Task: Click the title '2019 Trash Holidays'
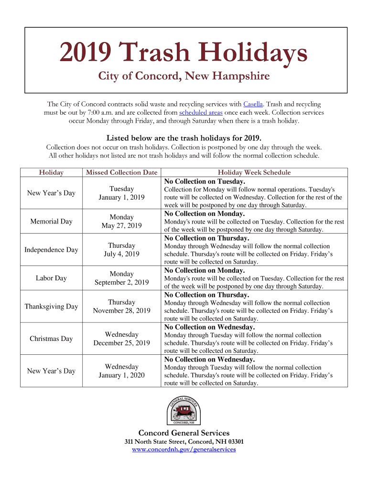point(184,53)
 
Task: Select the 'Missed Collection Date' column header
point(121,172)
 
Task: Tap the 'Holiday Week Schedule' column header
point(254,172)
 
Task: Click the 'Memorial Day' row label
point(51,221)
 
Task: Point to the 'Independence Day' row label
point(51,250)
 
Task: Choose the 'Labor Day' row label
point(51,278)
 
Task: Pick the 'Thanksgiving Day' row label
point(51,307)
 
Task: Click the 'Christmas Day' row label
point(51,339)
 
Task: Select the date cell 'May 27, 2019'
point(121,225)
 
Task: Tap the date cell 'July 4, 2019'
point(121,254)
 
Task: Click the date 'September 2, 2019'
point(121,282)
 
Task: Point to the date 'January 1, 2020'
point(121,375)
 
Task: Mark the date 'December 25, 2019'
point(121,343)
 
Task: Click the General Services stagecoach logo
point(184,409)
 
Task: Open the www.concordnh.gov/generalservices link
point(184,449)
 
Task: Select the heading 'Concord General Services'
point(184,433)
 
